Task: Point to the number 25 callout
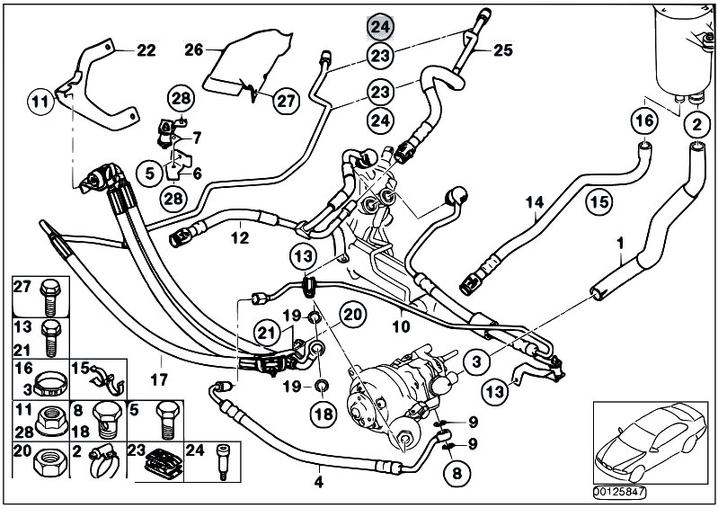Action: [x=502, y=51]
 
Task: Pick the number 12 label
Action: [x=237, y=238]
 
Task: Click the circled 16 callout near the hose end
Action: [x=644, y=120]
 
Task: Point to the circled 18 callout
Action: [x=323, y=414]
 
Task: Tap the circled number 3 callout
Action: [x=477, y=361]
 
